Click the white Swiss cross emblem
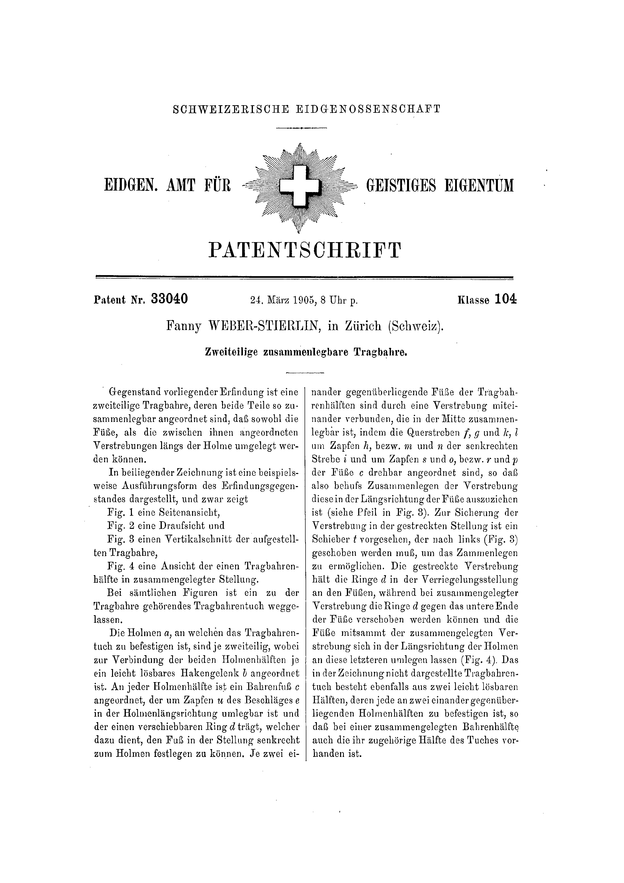pyautogui.click(x=300, y=186)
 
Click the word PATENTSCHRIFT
pyautogui.click(x=305, y=250)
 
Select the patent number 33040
pyautogui.click(x=170, y=299)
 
